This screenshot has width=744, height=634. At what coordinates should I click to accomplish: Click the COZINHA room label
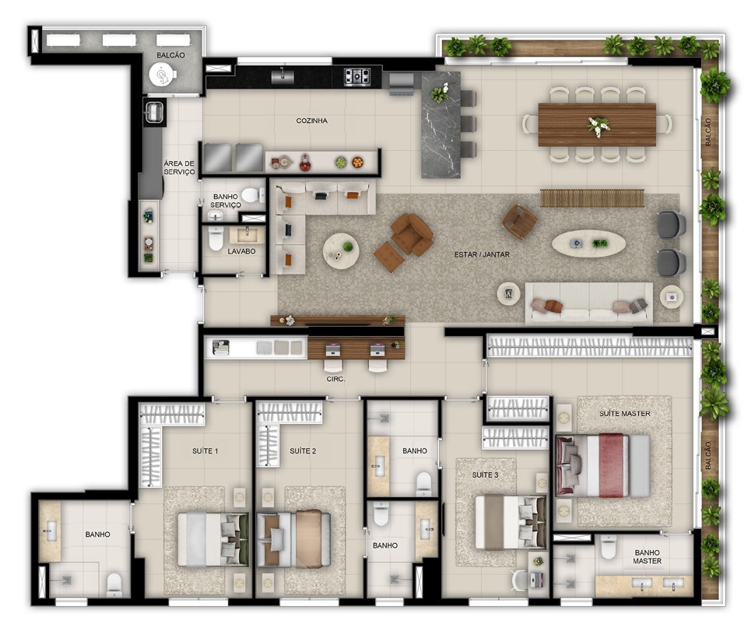(311, 121)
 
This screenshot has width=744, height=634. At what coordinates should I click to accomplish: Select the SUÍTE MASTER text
(624, 413)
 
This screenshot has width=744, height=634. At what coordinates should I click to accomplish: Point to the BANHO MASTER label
(647, 555)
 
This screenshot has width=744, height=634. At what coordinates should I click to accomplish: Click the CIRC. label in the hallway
(336, 380)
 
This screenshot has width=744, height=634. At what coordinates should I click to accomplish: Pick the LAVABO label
(241, 251)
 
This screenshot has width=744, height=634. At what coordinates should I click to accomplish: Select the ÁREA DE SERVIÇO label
(178, 167)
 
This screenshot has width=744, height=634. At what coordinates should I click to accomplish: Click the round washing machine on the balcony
(163, 75)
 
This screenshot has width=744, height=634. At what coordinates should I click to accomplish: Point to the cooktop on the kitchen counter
(357, 75)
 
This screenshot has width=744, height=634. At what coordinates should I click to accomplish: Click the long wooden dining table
(597, 124)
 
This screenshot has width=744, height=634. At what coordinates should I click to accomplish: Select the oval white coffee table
(588, 243)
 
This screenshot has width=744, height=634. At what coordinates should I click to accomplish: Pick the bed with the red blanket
(603, 465)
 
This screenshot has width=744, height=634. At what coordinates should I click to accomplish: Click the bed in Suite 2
(294, 538)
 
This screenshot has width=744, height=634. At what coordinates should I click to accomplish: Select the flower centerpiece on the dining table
(598, 124)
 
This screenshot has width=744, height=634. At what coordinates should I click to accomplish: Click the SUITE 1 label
(205, 451)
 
